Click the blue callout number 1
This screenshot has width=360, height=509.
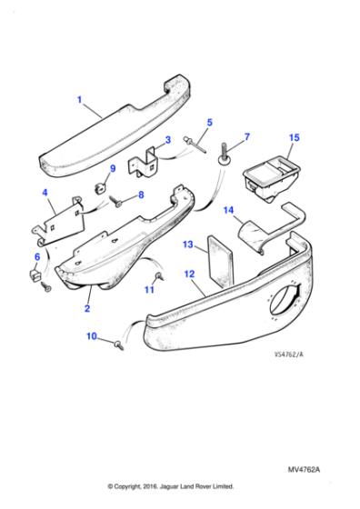coord(79,99)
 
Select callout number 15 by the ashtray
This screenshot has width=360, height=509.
coord(293,138)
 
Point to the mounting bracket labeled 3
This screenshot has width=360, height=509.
coord(147,165)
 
